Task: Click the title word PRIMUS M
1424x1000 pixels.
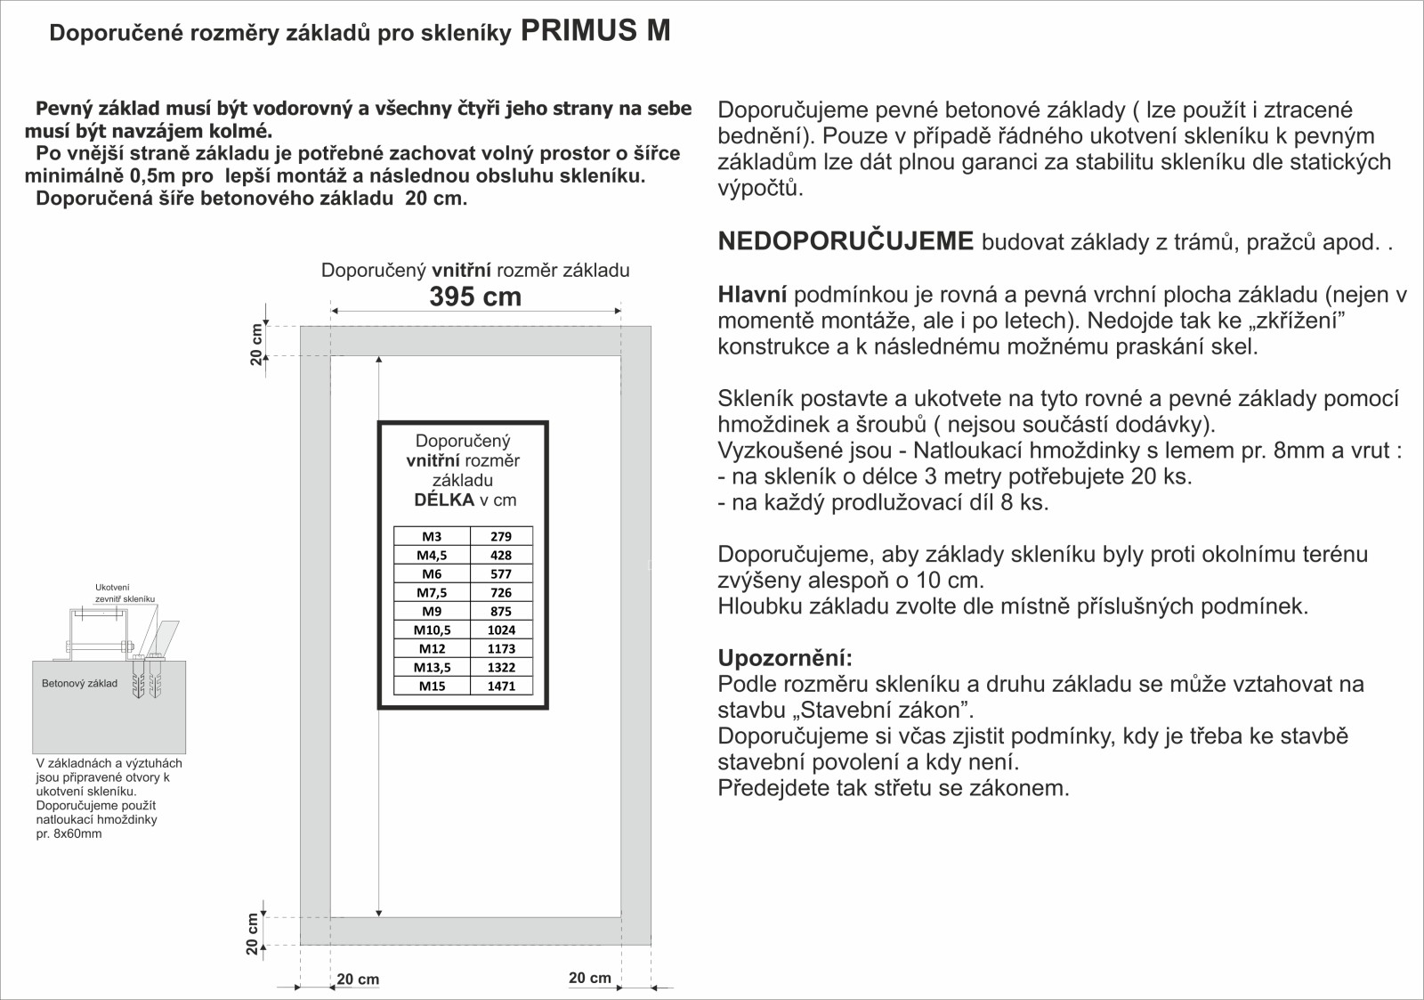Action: tap(595, 31)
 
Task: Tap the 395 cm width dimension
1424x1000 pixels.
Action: tap(475, 297)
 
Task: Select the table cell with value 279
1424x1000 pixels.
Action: tap(501, 536)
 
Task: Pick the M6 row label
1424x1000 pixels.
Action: tap(432, 574)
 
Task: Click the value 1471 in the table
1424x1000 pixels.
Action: tap(501, 687)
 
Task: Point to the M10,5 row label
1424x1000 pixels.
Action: tap(432, 630)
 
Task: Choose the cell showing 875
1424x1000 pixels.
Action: tap(501, 612)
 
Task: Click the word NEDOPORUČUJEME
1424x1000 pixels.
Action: tap(845, 242)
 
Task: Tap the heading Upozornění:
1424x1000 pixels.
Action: tap(785, 659)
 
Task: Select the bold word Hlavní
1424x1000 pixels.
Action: tap(752, 295)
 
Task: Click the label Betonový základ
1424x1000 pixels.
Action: tap(79, 684)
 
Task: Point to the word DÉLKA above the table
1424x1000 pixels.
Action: tap(444, 500)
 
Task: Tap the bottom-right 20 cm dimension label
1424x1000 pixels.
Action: tap(590, 978)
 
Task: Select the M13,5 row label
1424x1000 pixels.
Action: tap(432, 668)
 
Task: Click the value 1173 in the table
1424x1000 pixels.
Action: tap(501, 649)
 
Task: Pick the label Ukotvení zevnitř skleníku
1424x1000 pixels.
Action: tap(125, 593)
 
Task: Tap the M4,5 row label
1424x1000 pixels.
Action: tap(432, 556)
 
